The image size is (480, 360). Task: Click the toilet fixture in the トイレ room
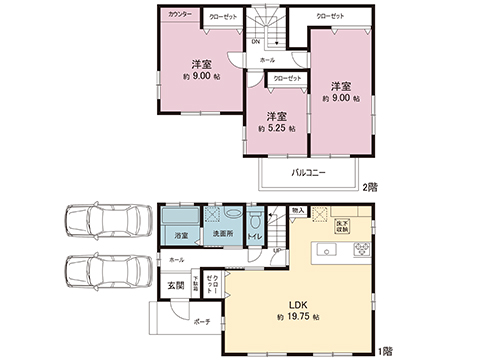[255, 222]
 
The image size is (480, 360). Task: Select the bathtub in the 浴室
[180, 217]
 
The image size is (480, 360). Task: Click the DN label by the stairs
[256, 42]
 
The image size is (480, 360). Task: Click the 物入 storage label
[298, 211]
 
